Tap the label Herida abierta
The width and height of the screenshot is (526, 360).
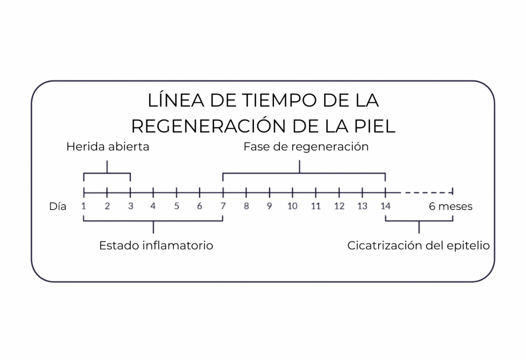tap(108, 146)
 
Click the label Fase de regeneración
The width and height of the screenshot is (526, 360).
tap(306, 146)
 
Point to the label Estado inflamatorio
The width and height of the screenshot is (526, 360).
tap(156, 245)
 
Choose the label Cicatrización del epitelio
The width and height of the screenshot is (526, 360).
tap(418, 245)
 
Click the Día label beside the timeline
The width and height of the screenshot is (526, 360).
tap(58, 206)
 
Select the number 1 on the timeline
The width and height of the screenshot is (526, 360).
tap(84, 206)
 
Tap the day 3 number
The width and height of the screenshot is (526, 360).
tap(130, 206)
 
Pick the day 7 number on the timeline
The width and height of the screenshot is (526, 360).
tap(223, 206)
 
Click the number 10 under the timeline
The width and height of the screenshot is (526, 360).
tap(292, 206)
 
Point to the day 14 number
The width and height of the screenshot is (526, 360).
tap(385, 206)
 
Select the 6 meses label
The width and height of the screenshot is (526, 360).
tap(450, 206)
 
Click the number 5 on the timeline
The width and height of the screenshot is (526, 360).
tap(177, 206)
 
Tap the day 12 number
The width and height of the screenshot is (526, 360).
tap(339, 206)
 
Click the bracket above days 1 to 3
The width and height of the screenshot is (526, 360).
tap(107, 173)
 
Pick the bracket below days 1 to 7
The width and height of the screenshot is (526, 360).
tap(153, 221)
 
